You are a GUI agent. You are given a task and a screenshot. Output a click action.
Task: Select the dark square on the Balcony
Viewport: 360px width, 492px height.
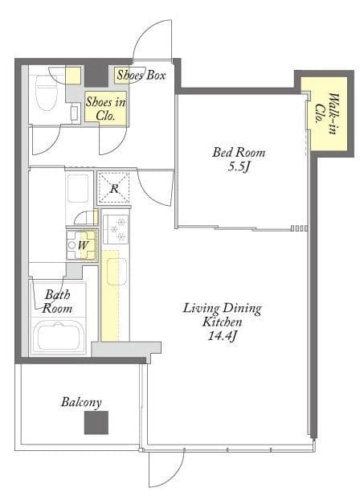click(x=96, y=422)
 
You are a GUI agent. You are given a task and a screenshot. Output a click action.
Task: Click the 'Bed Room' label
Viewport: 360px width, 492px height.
click(x=239, y=153)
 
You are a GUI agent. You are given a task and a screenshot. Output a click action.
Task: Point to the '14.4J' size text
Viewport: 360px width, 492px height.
click(x=222, y=336)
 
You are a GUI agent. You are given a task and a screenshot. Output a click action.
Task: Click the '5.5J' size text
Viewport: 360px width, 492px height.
click(x=239, y=166)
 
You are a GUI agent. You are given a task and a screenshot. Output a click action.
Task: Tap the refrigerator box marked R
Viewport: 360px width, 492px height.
click(x=113, y=187)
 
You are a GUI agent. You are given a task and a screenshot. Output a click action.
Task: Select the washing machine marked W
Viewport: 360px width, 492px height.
click(x=81, y=245)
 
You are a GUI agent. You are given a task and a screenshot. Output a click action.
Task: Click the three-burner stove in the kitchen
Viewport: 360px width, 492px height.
click(x=116, y=229)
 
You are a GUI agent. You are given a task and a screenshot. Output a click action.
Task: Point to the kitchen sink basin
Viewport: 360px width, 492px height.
click(x=117, y=272)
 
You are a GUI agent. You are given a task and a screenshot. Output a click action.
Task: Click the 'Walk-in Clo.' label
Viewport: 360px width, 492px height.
click(x=326, y=113)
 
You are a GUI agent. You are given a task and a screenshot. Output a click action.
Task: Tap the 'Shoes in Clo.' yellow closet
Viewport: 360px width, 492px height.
click(x=106, y=109)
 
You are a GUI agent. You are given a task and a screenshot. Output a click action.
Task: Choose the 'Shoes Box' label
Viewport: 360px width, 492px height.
click(x=141, y=75)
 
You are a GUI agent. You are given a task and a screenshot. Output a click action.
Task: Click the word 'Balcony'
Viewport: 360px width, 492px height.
click(x=81, y=402)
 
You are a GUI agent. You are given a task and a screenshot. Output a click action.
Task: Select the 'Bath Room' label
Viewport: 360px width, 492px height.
click(x=57, y=301)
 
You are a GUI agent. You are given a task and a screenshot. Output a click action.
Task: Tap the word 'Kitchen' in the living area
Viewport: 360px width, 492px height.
click(x=222, y=322)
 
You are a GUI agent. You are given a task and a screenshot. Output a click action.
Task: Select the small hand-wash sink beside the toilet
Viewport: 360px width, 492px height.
click(x=75, y=113)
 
